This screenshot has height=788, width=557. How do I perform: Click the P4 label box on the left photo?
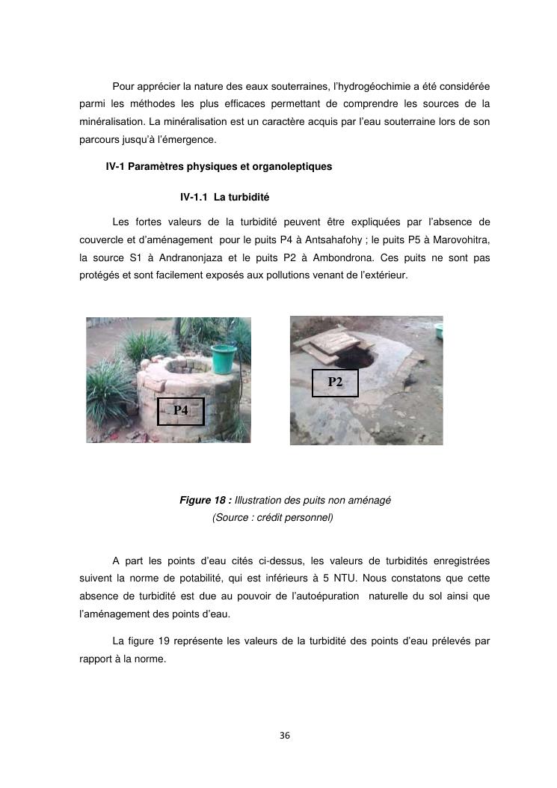[x=180, y=411]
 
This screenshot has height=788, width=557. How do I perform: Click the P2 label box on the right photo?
[x=335, y=382]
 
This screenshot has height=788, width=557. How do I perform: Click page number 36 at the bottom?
[x=284, y=736]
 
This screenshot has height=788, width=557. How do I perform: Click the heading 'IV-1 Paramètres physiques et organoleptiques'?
[x=219, y=167]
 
